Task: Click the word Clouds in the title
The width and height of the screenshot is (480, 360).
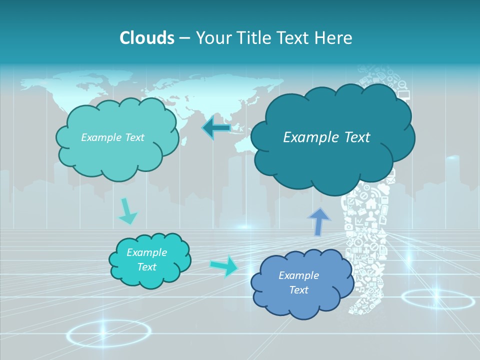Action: [146, 38]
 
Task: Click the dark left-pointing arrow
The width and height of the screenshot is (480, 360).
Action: [216, 128]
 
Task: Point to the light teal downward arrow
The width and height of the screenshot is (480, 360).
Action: [127, 211]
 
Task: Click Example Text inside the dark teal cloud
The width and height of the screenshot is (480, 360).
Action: [326, 137]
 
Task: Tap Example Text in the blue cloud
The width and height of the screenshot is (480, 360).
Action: [298, 282]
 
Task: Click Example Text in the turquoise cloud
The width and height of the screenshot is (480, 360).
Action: [146, 259]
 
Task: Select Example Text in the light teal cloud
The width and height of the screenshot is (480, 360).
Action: [112, 137]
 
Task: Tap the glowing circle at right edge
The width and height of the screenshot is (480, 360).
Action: [437, 299]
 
